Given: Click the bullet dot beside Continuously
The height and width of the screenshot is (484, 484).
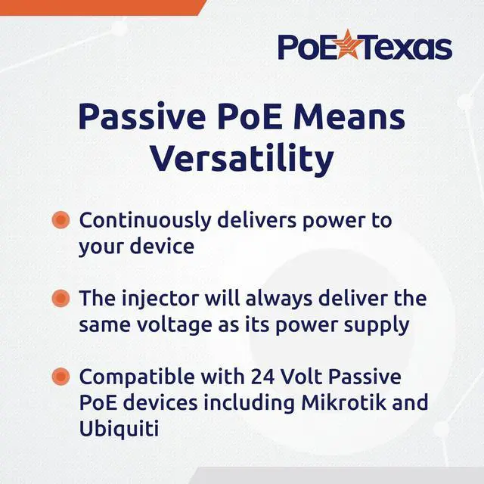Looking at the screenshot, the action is click(60, 220).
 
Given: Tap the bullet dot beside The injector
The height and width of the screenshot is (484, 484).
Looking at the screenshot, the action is click(60, 298).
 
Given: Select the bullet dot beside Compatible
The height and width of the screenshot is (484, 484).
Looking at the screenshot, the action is click(60, 377).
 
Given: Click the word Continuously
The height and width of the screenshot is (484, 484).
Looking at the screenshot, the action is click(145, 221).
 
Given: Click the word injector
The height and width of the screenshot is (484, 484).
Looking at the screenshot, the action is click(160, 299).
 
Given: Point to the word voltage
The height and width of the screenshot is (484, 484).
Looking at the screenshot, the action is click(175, 325).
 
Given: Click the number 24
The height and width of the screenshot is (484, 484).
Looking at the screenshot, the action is click(262, 377).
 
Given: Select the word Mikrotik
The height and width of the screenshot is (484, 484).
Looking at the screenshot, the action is click(343, 402).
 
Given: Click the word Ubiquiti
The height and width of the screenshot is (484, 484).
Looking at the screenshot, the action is click(119, 429).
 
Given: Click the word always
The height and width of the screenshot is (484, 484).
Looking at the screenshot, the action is click(279, 299).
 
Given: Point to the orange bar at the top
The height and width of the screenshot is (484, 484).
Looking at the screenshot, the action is click(103, 8).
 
